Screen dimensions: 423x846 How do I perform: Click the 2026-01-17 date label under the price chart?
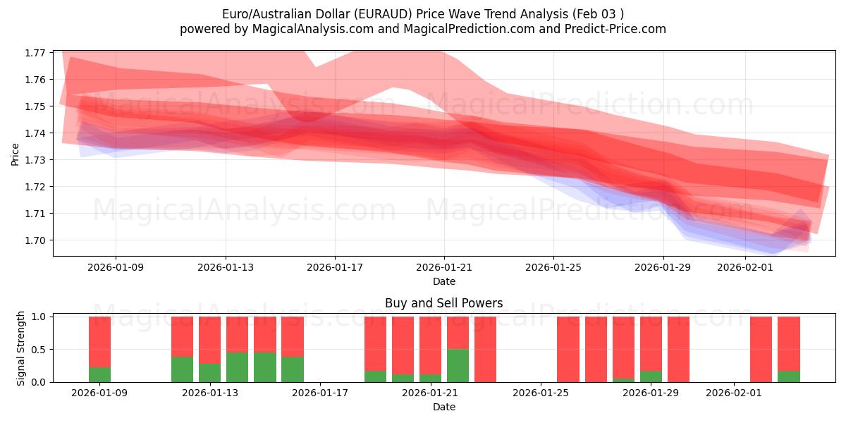pyautogui.click(x=335, y=268)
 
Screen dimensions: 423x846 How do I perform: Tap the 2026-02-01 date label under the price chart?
pyautogui.click(x=745, y=268)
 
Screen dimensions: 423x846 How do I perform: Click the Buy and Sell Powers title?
pyautogui.click(x=444, y=304)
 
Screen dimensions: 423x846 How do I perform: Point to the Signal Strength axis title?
pyautogui.click(x=21, y=348)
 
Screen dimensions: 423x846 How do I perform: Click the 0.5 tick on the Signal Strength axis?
pyautogui.click(x=39, y=350)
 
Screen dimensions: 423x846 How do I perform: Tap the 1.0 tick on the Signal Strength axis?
pyautogui.click(x=39, y=317)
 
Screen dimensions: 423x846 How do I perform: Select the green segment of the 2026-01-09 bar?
pyautogui.click(x=99, y=374)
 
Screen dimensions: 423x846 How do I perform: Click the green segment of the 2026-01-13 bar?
pyautogui.click(x=209, y=373)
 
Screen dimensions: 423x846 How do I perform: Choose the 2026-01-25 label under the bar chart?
pyautogui.click(x=541, y=393)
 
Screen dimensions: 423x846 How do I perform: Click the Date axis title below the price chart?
pyautogui.click(x=444, y=281)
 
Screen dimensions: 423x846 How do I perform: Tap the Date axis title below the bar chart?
pyautogui.click(x=444, y=407)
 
